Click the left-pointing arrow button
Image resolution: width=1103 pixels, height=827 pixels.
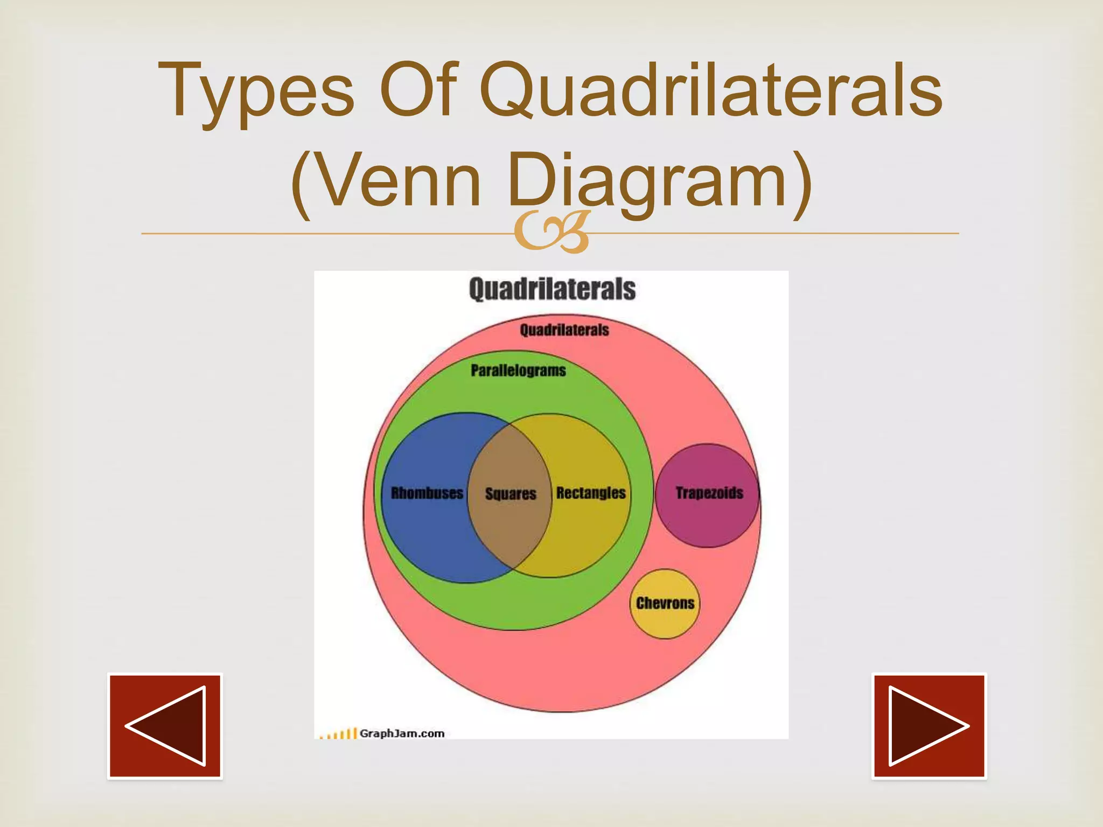(165, 726)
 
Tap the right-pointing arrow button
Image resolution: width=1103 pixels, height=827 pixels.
(929, 726)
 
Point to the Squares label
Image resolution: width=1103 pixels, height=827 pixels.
(511, 494)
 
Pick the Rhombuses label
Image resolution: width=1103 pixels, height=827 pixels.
(427, 493)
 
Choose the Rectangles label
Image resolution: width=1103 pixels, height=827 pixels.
(591, 493)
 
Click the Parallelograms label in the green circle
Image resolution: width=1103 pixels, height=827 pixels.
(518, 370)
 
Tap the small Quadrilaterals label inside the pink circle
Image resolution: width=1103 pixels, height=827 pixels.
(564, 330)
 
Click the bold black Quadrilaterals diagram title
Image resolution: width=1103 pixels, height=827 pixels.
(552, 289)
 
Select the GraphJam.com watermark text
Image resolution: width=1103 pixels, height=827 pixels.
(402, 733)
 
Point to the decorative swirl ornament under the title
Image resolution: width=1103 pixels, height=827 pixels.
(551, 233)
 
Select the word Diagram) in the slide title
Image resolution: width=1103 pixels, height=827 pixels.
(660, 180)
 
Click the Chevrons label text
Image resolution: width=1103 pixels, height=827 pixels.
(665, 603)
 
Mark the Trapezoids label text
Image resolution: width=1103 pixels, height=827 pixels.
(709, 493)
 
